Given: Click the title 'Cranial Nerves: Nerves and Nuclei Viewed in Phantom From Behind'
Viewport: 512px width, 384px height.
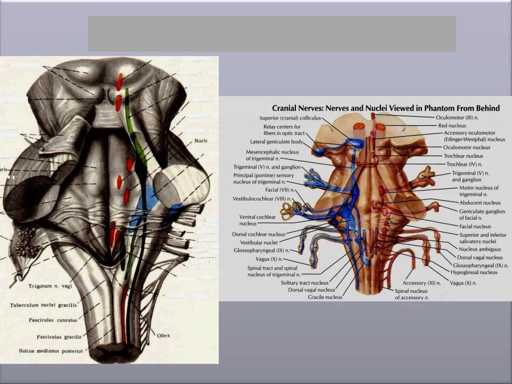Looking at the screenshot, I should pyautogui.click(x=386, y=108).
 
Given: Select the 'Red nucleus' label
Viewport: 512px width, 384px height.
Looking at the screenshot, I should pyautogui.click(x=452, y=125).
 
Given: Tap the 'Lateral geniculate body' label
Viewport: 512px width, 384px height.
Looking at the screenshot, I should pyautogui.click(x=276, y=142).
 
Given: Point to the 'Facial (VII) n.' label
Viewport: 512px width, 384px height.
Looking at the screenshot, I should pyautogui.click(x=278, y=189).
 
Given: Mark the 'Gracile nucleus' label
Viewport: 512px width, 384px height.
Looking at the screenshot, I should pyautogui.click(x=325, y=297).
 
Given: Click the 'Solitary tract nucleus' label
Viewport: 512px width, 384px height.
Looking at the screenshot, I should pyautogui.click(x=305, y=283).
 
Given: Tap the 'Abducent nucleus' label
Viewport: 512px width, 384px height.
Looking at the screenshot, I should pyautogui.click(x=480, y=203).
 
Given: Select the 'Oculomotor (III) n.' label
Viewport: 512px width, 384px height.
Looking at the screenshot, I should pyautogui.click(x=459, y=117).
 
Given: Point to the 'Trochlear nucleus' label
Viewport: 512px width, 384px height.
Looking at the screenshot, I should pyautogui.click(x=467, y=156).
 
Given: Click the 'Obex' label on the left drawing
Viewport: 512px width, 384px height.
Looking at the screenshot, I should pyautogui.click(x=164, y=335).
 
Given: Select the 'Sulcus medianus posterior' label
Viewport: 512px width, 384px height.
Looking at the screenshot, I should pyautogui.click(x=51, y=351).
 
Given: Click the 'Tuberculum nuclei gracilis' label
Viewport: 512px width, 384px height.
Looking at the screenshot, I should pyautogui.click(x=43, y=305).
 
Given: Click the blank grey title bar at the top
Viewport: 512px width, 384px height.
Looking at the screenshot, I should pyautogui.click(x=271, y=34).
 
